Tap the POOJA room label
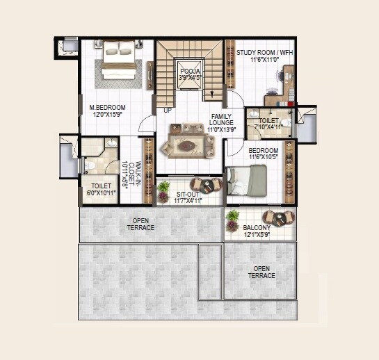click(x=190, y=70)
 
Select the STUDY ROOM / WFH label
click(x=266, y=52)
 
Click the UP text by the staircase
click(x=168, y=110)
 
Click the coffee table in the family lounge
click(x=186, y=147)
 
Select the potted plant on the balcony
click(x=232, y=219)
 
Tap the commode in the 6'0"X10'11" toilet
click(x=88, y=165)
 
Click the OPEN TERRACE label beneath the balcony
click(x=261, y=272)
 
